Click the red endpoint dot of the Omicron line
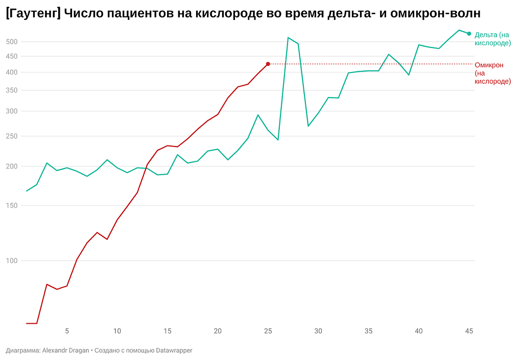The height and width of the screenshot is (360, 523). click(x=268, y=64)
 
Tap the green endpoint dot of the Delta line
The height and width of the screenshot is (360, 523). click(x=469, y=34)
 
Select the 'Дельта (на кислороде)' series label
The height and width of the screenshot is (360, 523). click(x=493, y=39)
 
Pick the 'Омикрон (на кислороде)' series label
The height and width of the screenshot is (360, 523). click(x=493, y=73)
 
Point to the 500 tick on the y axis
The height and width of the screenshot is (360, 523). click(x=12, y=42)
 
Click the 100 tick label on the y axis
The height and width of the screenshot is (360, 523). click(x=12, y=260)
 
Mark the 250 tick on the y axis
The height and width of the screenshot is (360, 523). click(x=12, y=136)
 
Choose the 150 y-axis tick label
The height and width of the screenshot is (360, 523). click(x=12, y=205)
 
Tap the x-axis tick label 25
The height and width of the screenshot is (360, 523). click(x=268, y=331)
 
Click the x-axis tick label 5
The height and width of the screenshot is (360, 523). click(x=67, y=331)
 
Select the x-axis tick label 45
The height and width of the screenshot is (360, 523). click(x=469, y=331)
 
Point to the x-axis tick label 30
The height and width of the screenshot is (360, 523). click(x=318, y=331)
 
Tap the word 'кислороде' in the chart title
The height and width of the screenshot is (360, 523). click(x=229, y=13)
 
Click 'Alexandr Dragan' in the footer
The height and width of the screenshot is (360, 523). click(x=65, y=350)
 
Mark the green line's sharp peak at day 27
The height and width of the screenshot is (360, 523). click(x=288, y=37)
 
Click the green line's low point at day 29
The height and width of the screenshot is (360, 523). click(x=308, y=126)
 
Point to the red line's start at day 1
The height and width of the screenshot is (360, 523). click(x=27, y=323)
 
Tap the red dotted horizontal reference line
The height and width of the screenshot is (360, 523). click(x=371, y=64)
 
